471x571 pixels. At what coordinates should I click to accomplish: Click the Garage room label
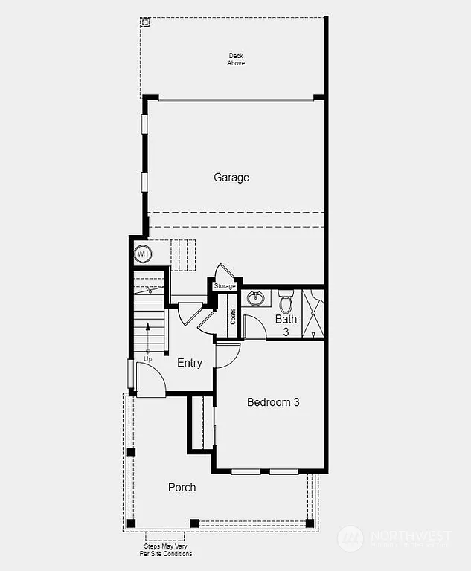click(x=231, y=178)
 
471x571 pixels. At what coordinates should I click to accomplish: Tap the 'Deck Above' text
click(x=236, y=59)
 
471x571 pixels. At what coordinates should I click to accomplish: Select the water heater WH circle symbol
click(x=142, y=254)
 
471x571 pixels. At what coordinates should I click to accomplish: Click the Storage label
click(x=225, y=286)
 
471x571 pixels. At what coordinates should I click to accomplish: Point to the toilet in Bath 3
click(x=286, y=302)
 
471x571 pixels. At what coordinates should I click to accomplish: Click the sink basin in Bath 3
click(x=256, y=299)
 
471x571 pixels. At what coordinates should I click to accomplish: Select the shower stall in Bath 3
click(x=313, y=314)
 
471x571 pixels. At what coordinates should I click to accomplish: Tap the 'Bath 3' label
click(x=286, y=325)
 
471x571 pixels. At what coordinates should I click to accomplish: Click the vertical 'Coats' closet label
click(x=232, y=317)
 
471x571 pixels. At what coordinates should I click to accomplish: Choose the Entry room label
click(x=190, y=363)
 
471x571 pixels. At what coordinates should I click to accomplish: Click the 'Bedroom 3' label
click(x=273, y=402)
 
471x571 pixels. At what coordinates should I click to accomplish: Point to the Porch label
click(x=182, y=487)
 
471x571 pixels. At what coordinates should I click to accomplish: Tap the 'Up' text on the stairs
click(x=147, y=358)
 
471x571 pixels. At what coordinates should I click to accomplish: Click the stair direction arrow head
click(x=147, y=326)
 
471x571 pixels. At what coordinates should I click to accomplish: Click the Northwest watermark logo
click(x=350, y=538)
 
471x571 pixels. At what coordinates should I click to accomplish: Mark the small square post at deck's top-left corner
click(x=145, y=22)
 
